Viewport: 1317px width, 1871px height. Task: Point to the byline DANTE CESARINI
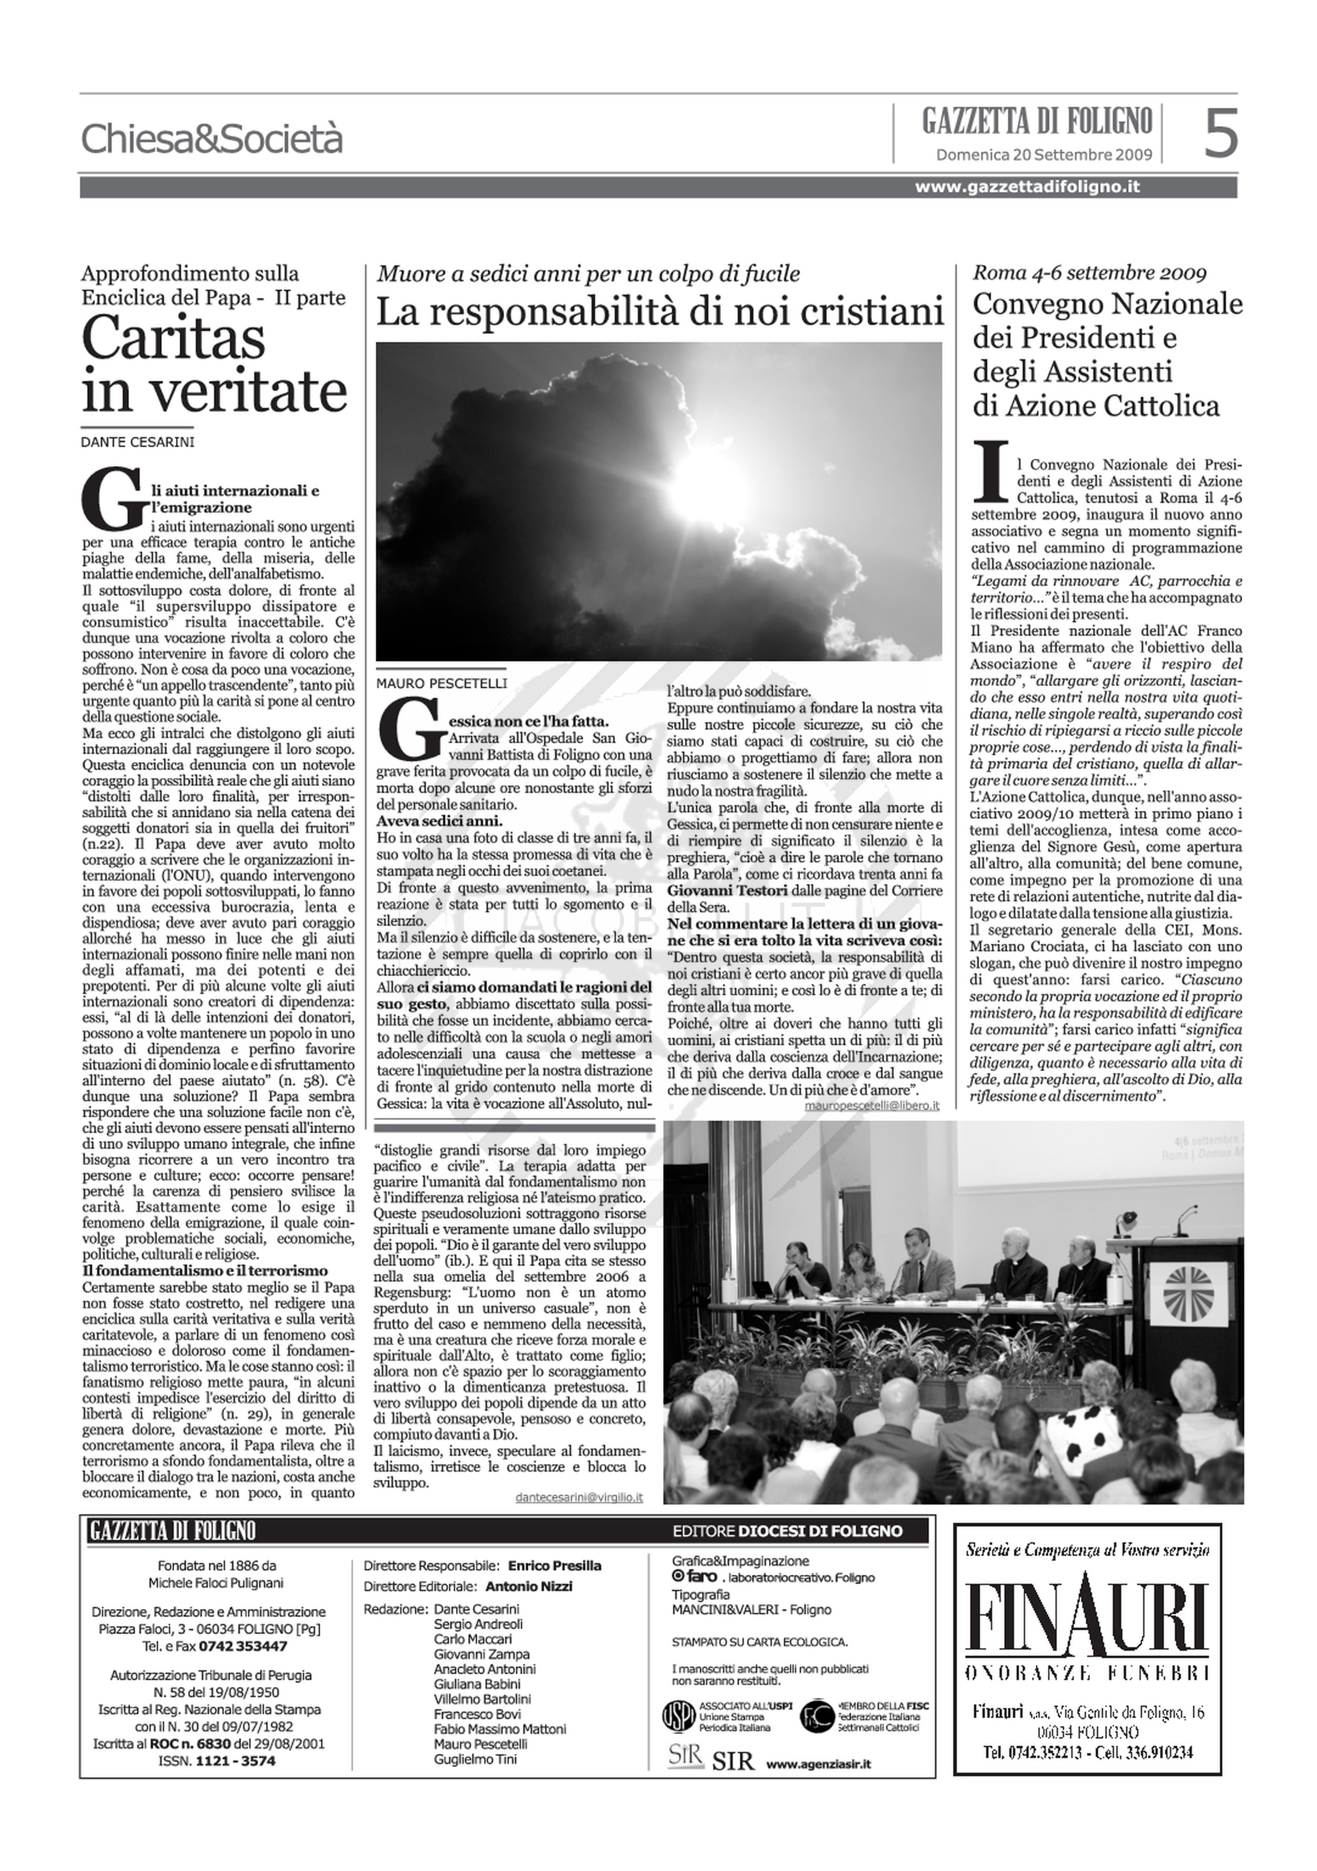[x=137, y=442]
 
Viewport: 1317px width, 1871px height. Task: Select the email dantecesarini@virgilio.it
[x=579, y=1497]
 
